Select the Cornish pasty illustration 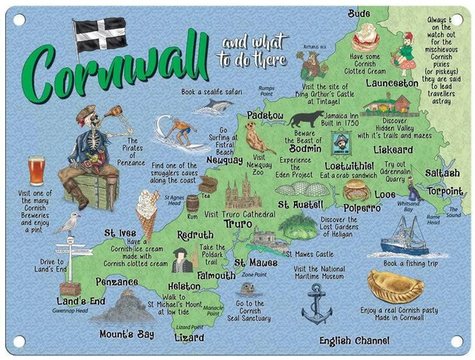pyautogui.click(x=395, y=285)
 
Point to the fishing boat pyautogui.click(x=406, y=237)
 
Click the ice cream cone pyautogui.click(x=148, y=212)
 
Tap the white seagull pyautogui.click(x=68, y=223)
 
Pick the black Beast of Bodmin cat pyautogui.click(x=305, y=119)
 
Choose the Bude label pyautogui.click(x=359, y=13)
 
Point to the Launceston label pyautogui.click(x=392, y=84)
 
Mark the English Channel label pyautogui.click(x=354, y=341)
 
